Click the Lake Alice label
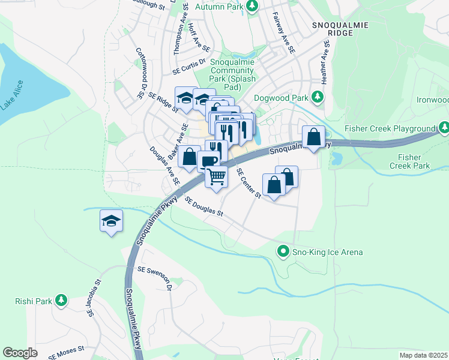(12, 95)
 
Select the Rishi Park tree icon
(61, 301)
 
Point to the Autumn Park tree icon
(253, 5)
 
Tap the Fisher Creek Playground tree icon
(444, 128)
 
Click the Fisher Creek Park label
(410, 161)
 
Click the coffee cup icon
(208, 160)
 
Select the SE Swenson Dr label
(155, 278)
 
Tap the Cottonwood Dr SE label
(140, 73)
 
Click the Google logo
(20, 353)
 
